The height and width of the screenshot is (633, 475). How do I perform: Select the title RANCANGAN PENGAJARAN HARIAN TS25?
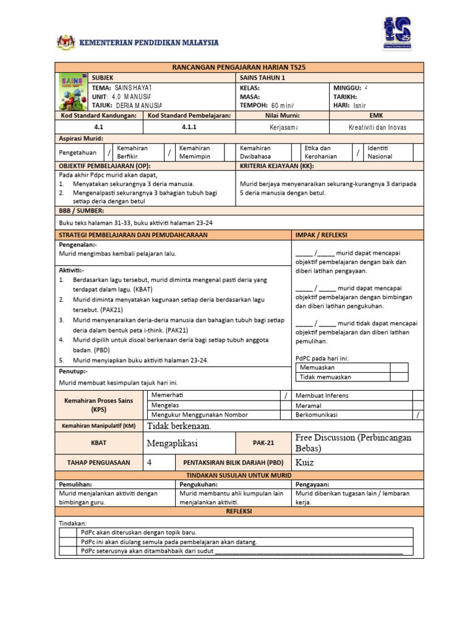click(239, 67)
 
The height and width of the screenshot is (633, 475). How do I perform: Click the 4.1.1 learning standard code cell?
click(189, 127)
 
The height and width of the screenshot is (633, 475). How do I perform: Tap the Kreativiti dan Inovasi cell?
click(377, 127)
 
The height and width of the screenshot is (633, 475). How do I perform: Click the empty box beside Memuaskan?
click(399, 367)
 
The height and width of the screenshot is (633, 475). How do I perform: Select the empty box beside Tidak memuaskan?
click(399, 376)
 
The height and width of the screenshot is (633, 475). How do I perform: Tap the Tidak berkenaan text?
click(179, 426)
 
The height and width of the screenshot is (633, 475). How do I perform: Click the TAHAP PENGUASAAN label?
click(98, 462)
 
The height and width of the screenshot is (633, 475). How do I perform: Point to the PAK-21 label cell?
click(263, 443)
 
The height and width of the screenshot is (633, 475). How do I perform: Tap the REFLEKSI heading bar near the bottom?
click(239, 511)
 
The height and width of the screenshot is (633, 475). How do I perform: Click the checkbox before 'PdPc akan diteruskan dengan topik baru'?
click(69, 532)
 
